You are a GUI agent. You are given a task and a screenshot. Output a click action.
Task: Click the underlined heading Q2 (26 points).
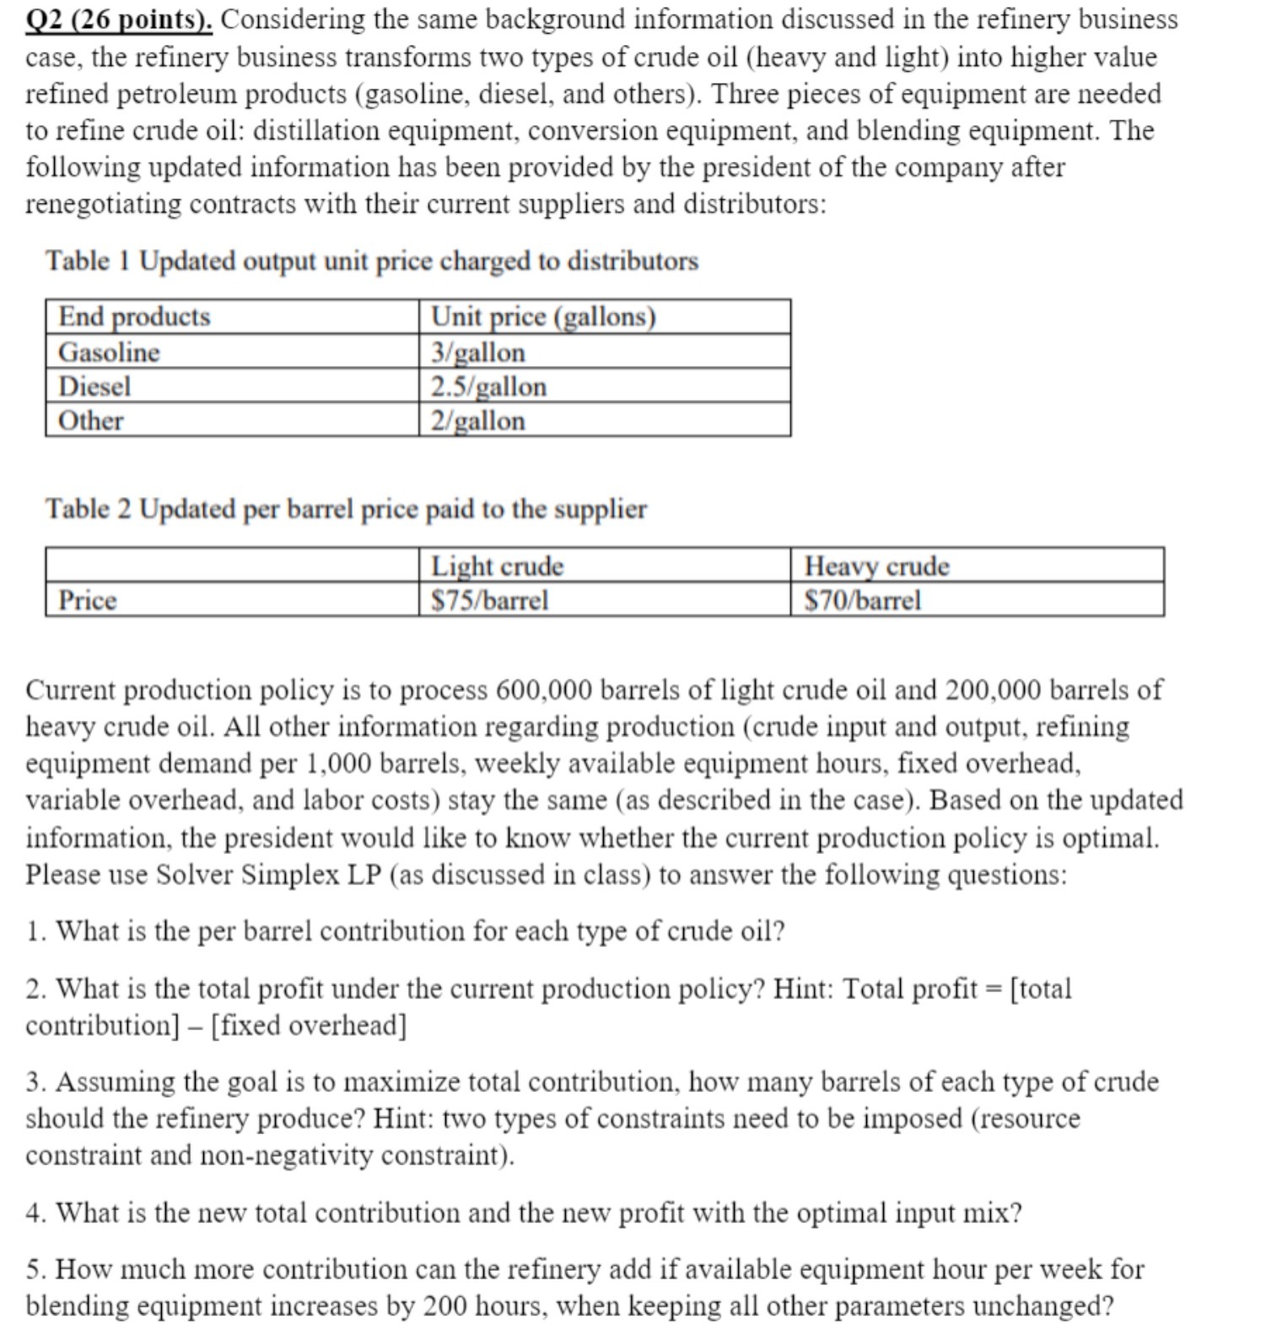[x=119, y=19]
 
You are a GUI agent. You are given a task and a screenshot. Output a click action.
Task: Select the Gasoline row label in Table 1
[x=109, y=352]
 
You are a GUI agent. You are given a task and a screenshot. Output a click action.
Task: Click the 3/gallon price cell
[x=478, y=352]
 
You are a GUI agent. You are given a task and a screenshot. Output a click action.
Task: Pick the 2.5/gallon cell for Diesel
[x=488, y=386]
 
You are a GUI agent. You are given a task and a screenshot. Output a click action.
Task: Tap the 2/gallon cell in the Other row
[x=477, y=420]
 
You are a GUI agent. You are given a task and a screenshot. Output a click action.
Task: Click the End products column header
[x=134, y=316]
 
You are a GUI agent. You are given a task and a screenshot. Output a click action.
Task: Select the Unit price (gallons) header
[x=543, y=316]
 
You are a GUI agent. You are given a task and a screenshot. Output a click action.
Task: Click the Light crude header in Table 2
[x=497, y=565]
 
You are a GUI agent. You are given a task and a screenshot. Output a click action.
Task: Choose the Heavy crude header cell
[x=876, y=565]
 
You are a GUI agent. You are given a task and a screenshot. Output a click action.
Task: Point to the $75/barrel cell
[x=489, y=600]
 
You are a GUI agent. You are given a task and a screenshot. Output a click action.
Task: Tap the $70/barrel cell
[x=862, y=600]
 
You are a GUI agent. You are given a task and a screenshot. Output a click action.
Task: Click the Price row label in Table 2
[x=87, y=600]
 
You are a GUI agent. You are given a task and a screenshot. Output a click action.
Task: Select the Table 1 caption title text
[x=372, y=261]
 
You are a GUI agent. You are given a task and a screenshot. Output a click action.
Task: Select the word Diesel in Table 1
[x=94, y=386]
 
